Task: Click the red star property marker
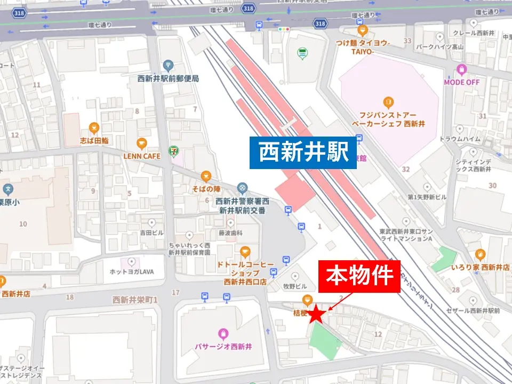click(317, 314)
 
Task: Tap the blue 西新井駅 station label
click(303, 153)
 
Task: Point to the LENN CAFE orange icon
click(141, 143)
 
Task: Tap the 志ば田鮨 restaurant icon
click(94, 127)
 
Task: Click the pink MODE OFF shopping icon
click(461, 69)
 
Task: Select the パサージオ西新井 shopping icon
click(223, 333)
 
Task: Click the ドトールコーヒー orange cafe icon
click(245, 251)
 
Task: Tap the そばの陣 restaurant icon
click(206, 177)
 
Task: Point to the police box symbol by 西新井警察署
click(243, 188)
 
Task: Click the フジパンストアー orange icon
click(388, 101)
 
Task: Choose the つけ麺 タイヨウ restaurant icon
click(363, 30)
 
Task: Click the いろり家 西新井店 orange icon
click(480, 254)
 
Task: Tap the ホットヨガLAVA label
click(131, 271)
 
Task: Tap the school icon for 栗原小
click(8, 189)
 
